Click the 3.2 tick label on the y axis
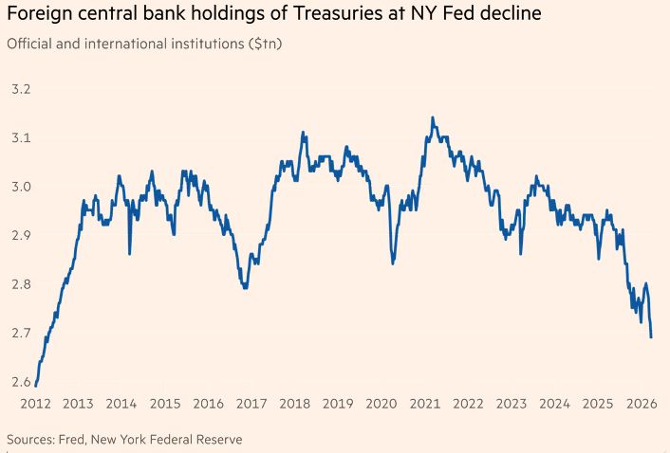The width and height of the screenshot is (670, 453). (x=20, y=89)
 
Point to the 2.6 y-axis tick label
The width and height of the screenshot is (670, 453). (x=20, y=382)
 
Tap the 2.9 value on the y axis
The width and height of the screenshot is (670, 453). (x=20, y=235)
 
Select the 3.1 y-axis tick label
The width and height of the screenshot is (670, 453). (x=20, y=138)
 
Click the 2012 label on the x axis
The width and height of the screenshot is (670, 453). (x=34, y=404)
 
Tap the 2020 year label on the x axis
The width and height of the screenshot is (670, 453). (x=380, y=404)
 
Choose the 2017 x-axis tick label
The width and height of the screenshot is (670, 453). (x=251, y=404)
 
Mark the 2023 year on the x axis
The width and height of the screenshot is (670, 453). (x=510, y=404)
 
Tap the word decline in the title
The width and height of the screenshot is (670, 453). (x=489, y=15)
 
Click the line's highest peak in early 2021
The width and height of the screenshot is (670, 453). (x=433, y=118)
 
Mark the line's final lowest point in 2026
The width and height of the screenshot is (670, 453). (x=651, y=336)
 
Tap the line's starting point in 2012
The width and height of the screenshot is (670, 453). (x=35, y=385)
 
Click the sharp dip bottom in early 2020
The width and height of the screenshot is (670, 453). (x=393, y=263)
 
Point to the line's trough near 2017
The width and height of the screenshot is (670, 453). (x=246, y=287)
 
